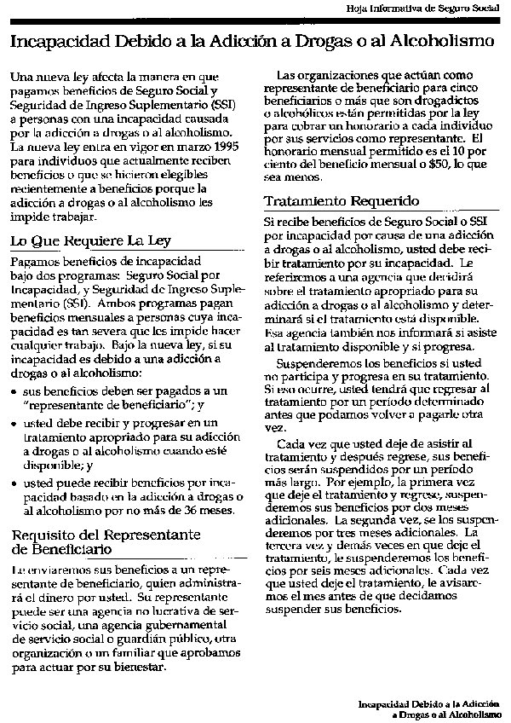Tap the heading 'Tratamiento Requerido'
(341, 201)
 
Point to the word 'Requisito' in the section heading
(43, 535)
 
